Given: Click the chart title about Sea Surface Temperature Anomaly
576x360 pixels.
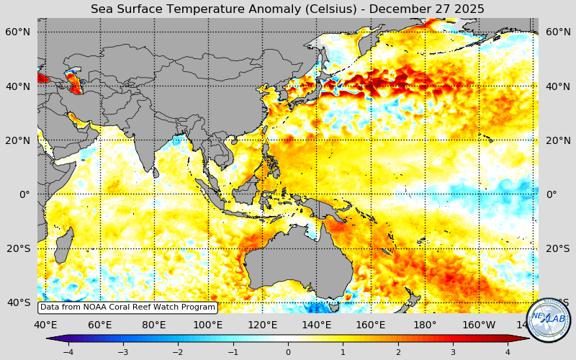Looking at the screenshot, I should click(x=287, y=9).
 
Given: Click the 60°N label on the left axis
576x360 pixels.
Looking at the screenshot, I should click(x=19, y=32).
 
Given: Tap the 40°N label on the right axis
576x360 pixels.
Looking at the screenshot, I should click(x=558, y=86).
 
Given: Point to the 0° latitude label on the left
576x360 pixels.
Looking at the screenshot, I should click(x=24, y=194).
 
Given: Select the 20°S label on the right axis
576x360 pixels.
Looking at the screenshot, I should click(x=558, y=248).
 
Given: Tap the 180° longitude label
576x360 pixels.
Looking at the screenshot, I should click(x=425, y=325).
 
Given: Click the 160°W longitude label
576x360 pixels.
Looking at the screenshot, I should click(x=480, y=325).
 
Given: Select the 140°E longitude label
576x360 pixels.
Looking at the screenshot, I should click(x=316, y=325).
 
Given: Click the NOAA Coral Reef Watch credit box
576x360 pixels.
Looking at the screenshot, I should click(x=127, y=307).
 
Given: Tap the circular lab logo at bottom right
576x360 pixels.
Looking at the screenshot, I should click(x=548, y=319).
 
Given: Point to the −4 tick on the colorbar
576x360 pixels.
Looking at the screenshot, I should click(x=68, y=352).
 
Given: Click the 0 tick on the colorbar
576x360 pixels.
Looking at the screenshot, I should click(x=288, y=352).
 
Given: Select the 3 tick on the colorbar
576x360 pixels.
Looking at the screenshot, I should click(x=453, y=352).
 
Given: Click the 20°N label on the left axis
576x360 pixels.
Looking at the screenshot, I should click(x=19, y=140).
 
